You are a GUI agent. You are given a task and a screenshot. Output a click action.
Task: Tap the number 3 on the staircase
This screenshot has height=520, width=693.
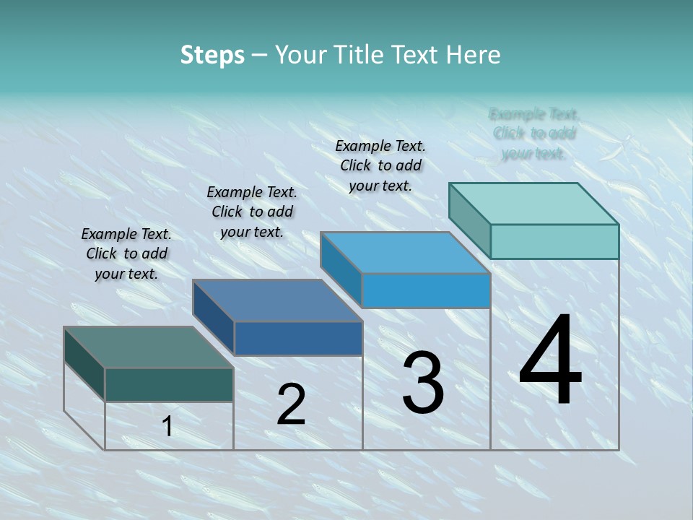tap(423, 382)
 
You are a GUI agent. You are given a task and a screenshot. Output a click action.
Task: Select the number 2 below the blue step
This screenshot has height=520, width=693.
tap(291, 404)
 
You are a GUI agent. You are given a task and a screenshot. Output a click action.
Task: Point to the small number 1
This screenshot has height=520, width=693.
tap(167, 427)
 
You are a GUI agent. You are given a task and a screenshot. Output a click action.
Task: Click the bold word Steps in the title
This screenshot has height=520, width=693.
tap(212, 55)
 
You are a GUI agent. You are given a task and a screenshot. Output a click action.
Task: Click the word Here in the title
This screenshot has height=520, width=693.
tap(474, 55)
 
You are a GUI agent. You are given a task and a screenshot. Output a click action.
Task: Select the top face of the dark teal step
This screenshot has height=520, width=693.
tap(148, 347)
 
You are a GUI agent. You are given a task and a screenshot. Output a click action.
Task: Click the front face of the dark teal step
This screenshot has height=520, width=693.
tap(169, 384)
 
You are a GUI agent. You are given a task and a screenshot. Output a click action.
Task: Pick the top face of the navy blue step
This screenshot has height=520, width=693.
tap(277, 300)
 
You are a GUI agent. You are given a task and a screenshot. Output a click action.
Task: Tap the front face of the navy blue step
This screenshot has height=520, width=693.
tap(298, 338)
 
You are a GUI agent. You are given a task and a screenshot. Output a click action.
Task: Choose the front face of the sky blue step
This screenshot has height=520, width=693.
tap(426, 290)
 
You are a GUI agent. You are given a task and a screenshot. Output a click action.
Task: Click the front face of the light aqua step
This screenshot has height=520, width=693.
tap(554, 241)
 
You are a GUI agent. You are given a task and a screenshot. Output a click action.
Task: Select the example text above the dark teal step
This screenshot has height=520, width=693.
tap(126, 253)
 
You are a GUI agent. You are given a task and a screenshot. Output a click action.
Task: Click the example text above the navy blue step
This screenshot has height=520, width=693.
tap(252, 212)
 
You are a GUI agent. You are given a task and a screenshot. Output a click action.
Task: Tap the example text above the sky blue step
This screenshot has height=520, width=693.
tap(380, 165)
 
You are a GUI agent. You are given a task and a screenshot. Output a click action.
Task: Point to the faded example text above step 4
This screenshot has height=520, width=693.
tap(534, 134)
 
